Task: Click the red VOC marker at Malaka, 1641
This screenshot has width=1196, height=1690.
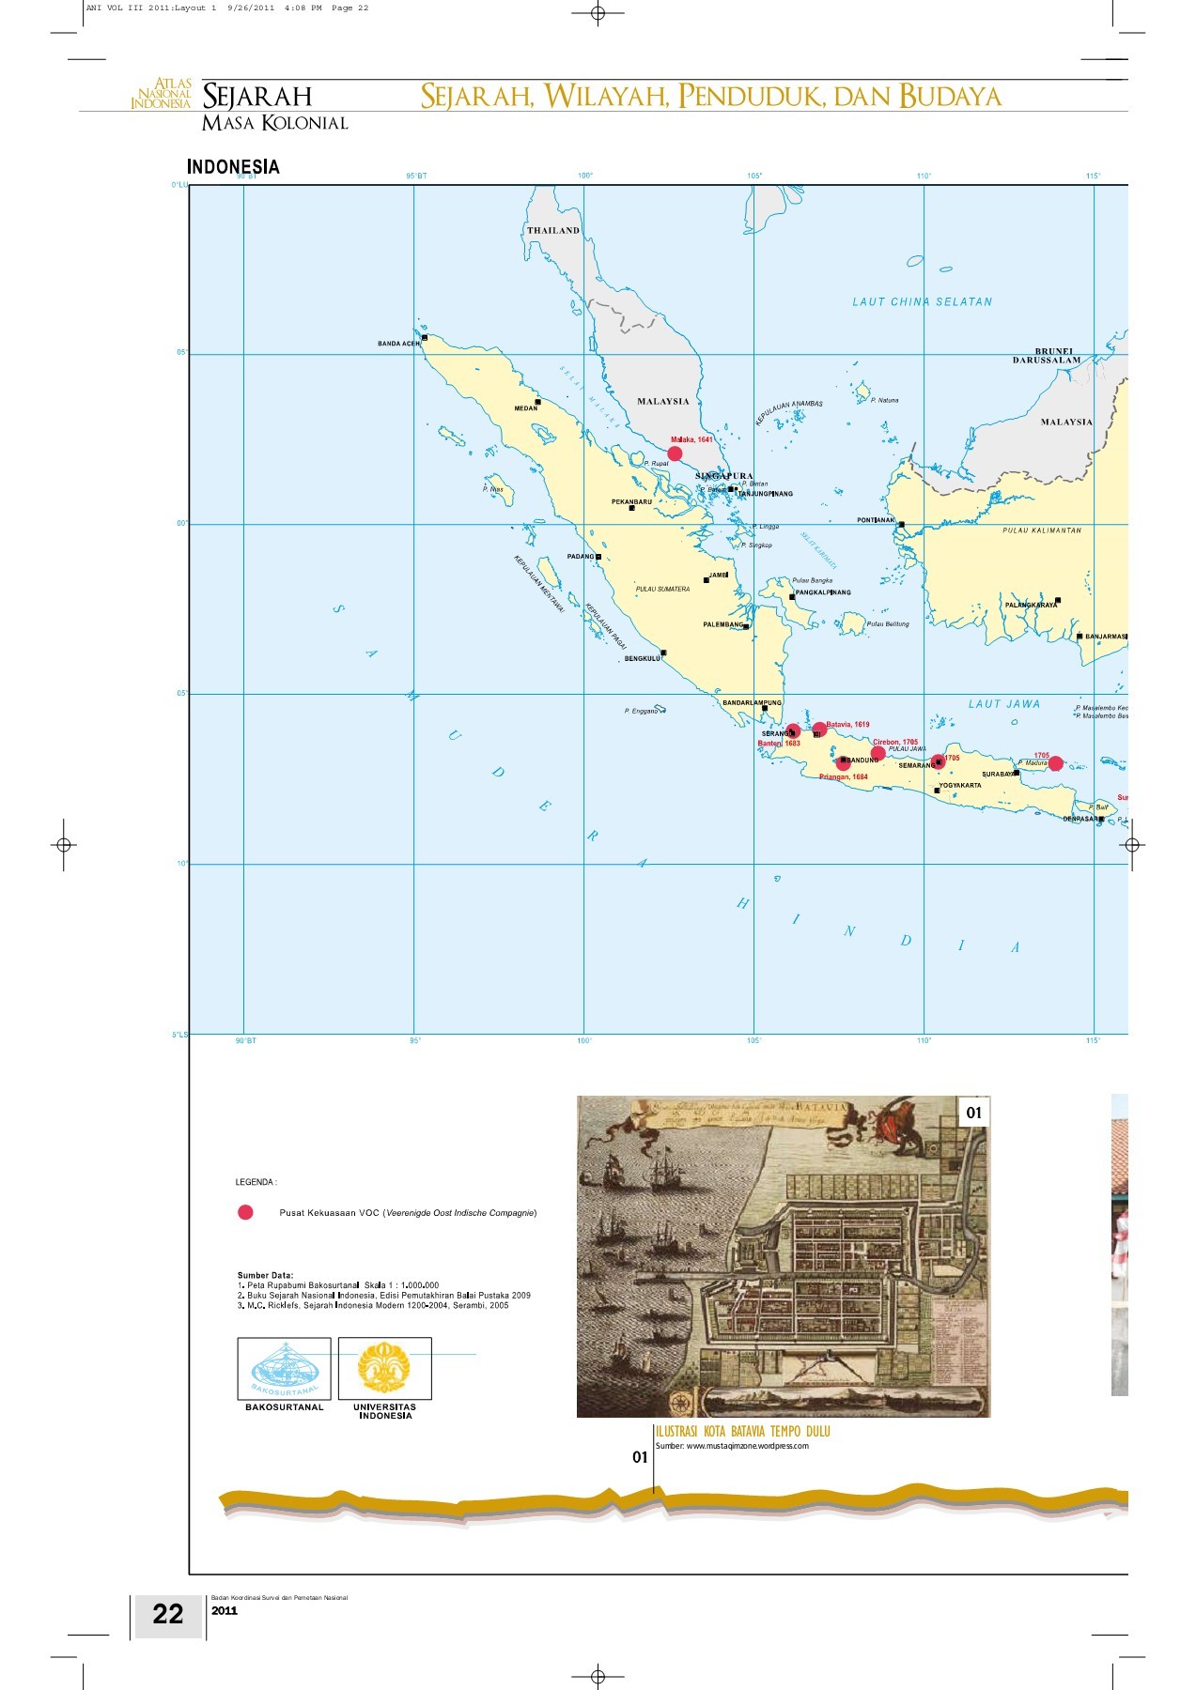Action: coord(675,453)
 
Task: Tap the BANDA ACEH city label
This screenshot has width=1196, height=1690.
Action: coord(399,344)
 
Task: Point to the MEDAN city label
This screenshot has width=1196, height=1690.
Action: coord(526,408)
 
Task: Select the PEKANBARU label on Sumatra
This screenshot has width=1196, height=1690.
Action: coord(631,502)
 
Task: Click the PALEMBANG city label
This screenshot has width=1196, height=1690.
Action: coord(723,624)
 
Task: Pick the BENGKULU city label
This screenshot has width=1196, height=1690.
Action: coord(643,658)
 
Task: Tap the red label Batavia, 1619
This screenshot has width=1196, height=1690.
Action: coord(848,725)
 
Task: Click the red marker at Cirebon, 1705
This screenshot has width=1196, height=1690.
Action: coord(878,753)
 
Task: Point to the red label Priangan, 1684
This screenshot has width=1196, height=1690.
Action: coord(844,777)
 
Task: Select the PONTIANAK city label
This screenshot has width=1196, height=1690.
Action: coord(876,520)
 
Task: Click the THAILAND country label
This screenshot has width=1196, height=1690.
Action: coord(553,230)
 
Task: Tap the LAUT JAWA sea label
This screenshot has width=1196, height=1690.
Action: coord(1004,703)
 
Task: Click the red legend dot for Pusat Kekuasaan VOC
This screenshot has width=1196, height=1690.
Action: coord(245,1212)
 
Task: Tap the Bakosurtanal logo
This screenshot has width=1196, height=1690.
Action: coord(284,1369)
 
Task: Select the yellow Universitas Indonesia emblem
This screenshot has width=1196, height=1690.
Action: coord(384,1368)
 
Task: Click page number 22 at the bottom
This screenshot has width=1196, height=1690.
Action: coord(168,1614)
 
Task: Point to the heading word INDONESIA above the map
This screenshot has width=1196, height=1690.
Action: coord(233,167)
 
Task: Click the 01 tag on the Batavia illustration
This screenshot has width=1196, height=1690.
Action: coord(974,1113)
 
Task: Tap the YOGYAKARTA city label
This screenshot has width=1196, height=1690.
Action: coord(960,786)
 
